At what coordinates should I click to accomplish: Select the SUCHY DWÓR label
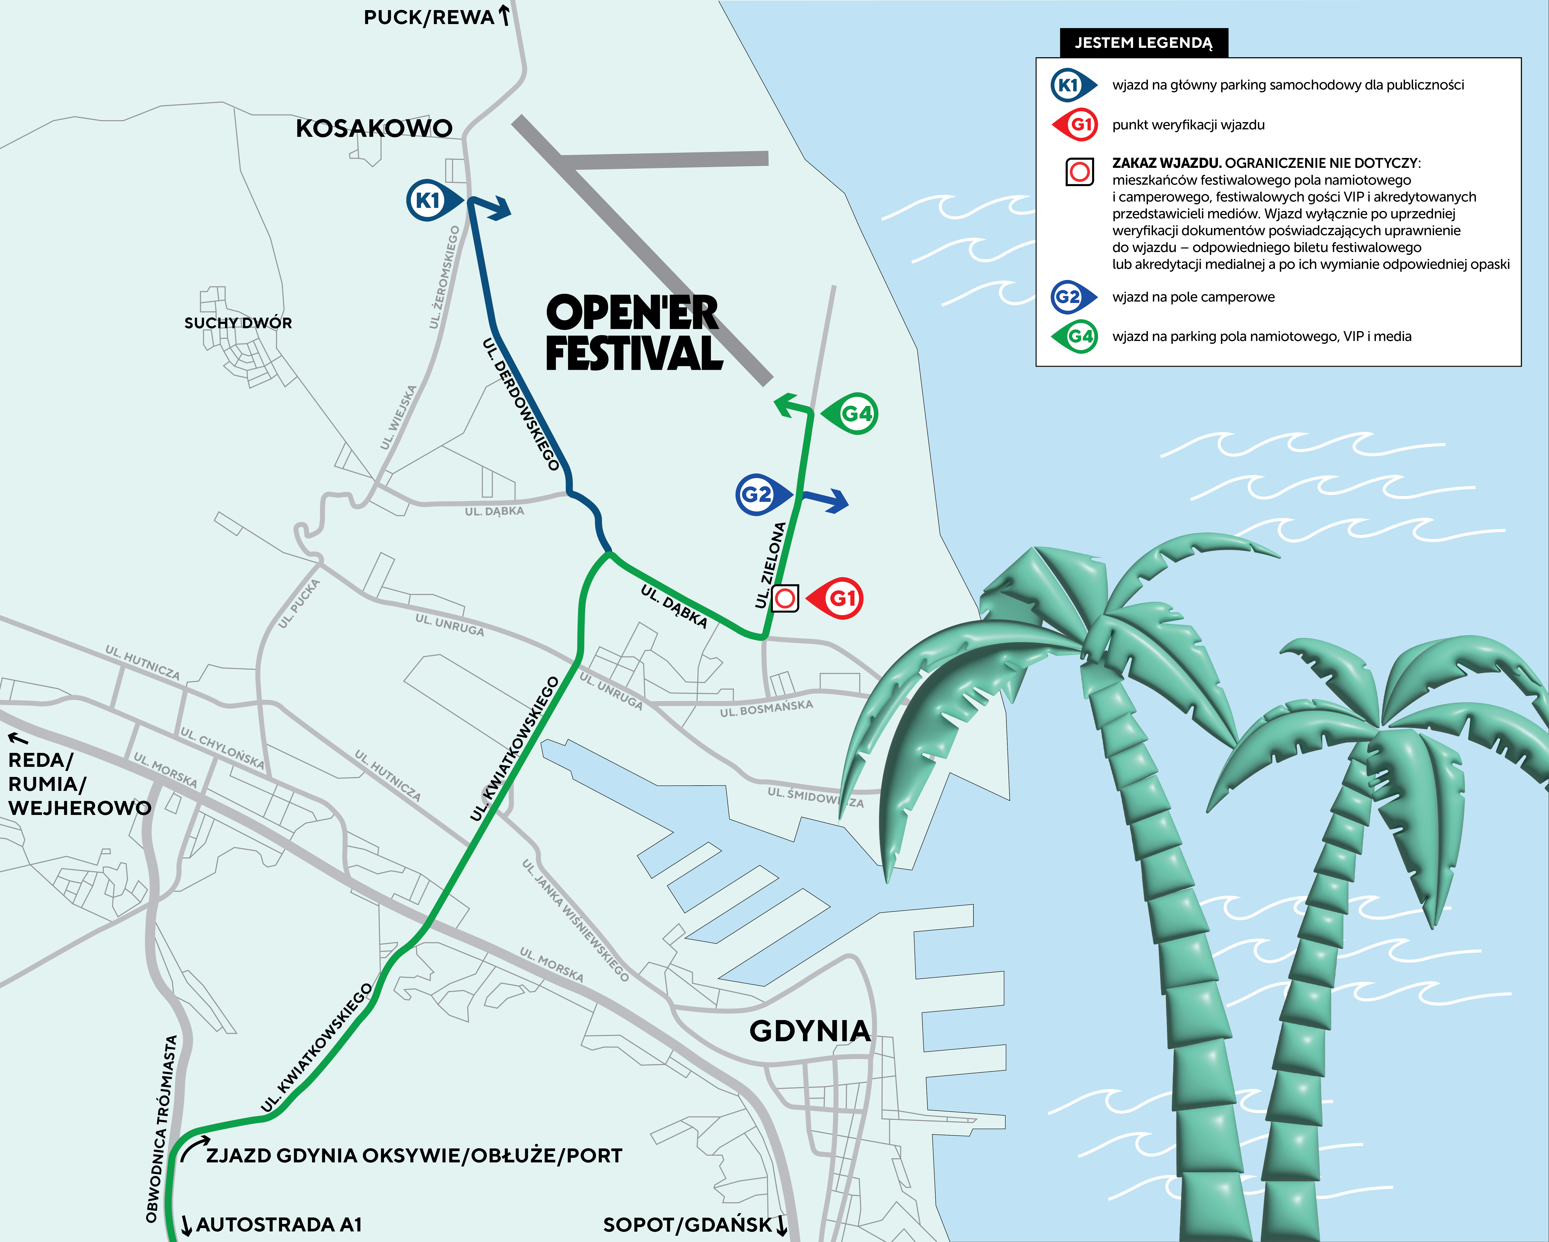coord(238,323)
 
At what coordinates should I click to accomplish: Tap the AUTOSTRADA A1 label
coord(279,1224)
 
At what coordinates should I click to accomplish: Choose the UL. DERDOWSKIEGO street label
coord(522,404)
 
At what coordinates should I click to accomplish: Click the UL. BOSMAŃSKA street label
coord(767,708)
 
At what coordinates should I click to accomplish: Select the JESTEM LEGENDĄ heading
coord(1143,43)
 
